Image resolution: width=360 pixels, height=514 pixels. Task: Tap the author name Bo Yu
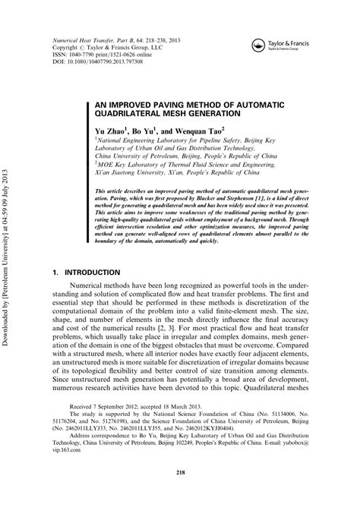point(147,131)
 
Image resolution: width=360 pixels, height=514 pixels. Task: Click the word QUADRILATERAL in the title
point(128,113)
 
